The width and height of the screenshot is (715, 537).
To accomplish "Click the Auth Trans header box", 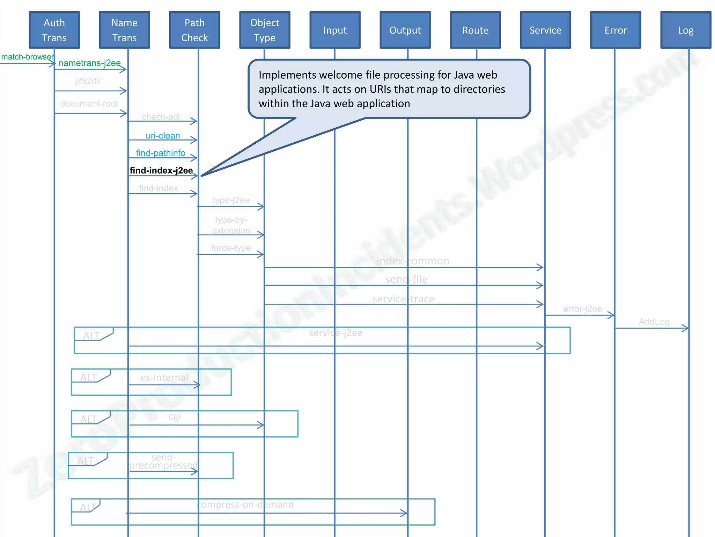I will pos(54,30).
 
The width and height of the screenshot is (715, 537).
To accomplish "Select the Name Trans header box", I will pos(124,30).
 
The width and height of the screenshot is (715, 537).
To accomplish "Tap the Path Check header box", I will pos(194,30).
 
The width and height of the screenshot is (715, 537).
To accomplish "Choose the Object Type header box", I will pos(265,30).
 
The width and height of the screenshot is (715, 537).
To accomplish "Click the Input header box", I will pos(335,30).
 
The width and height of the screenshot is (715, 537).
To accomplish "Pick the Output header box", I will pos(405,30).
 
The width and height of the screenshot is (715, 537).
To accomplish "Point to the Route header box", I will pos(475,30).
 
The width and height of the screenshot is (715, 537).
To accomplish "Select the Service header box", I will pos(545,30).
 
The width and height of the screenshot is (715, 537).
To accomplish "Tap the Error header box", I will pos(616,30).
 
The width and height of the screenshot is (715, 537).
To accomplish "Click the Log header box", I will pos(686,30).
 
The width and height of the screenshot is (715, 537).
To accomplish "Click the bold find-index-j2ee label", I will pos(161,171).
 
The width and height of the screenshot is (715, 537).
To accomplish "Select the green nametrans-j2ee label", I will pos(89,63).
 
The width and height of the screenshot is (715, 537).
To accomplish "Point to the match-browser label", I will pos(27,57).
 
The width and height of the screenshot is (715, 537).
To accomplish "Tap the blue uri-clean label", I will pos(163,136).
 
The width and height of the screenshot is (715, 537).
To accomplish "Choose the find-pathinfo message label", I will pos(161,153).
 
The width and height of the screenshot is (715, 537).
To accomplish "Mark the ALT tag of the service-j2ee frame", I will pos(91,336).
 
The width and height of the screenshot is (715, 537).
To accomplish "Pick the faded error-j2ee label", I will pos(582,309).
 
